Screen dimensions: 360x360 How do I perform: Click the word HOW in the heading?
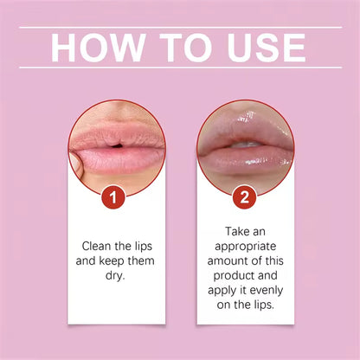click(92, 48)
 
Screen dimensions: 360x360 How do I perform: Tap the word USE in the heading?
click(265, 48)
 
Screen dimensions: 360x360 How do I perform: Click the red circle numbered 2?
click(244, 196)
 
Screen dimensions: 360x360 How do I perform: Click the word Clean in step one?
click(99, 245)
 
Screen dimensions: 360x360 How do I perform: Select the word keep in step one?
click(117, 260)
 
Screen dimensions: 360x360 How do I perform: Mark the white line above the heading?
click(180, 28)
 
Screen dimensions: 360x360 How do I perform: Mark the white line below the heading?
click(180, 67)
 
